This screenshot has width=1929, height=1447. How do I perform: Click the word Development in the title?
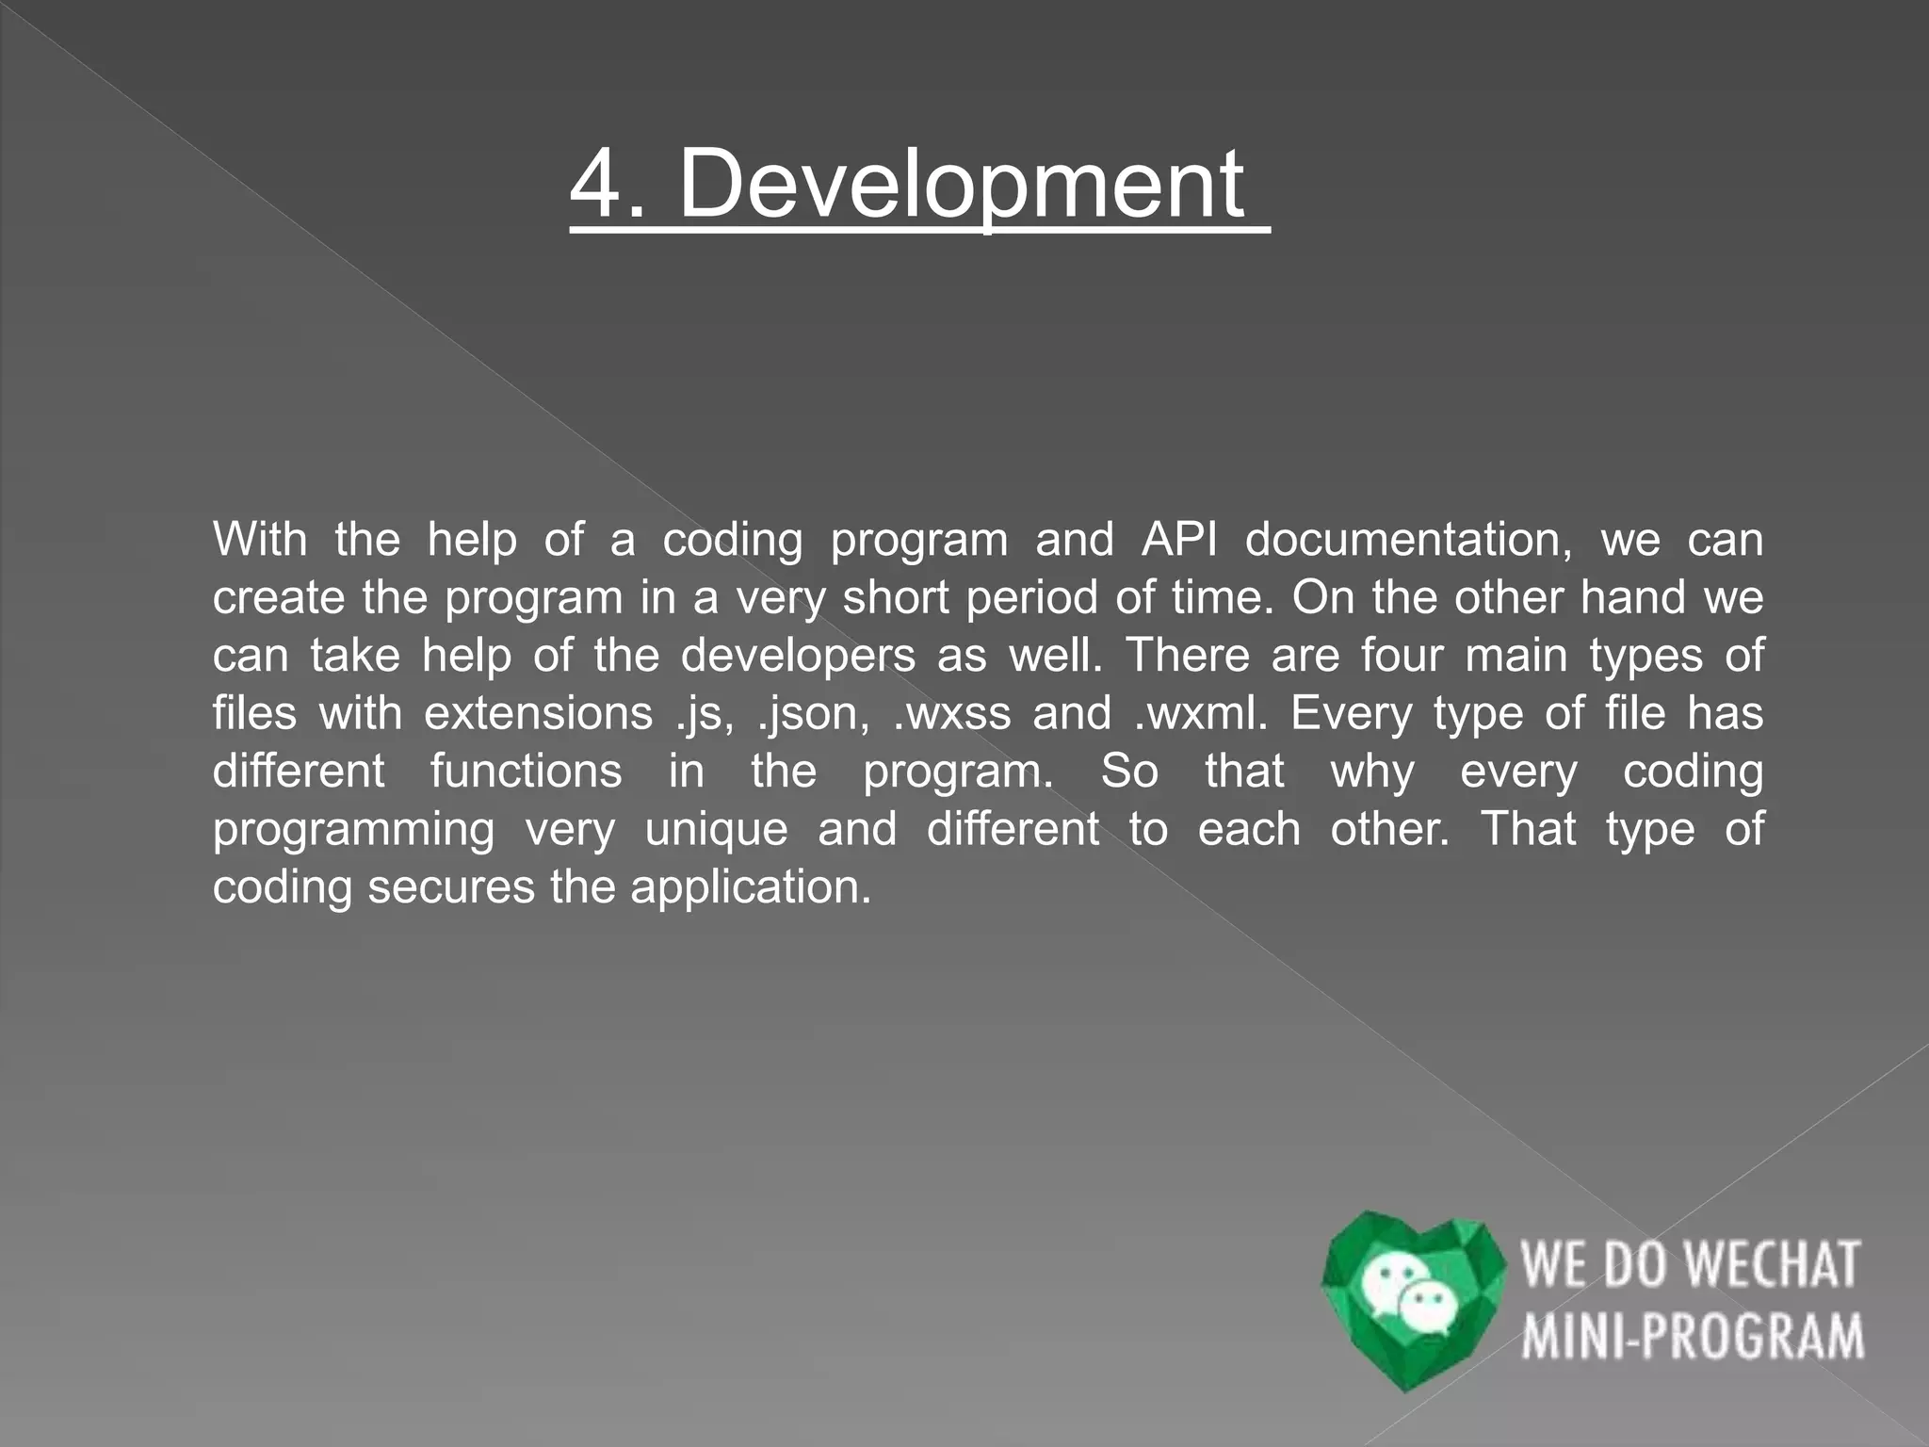(x=961, y=185)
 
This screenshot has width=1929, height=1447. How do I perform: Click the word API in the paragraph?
(x=1179, y=540)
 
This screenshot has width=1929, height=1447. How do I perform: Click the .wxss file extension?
(x=951, y=713)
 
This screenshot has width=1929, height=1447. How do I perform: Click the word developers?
(x=798, y=656)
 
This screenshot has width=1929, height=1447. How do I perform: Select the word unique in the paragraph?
(x=716, y=829)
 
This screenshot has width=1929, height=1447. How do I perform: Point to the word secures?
(x=451, y=887)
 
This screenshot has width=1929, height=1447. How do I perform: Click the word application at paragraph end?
(x=751, y=887)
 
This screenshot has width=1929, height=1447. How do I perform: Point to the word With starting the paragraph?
(x=260, y=540)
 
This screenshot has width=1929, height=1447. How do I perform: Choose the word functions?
(x=526, y=772)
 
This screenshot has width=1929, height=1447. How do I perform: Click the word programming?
(x=353, y=829)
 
